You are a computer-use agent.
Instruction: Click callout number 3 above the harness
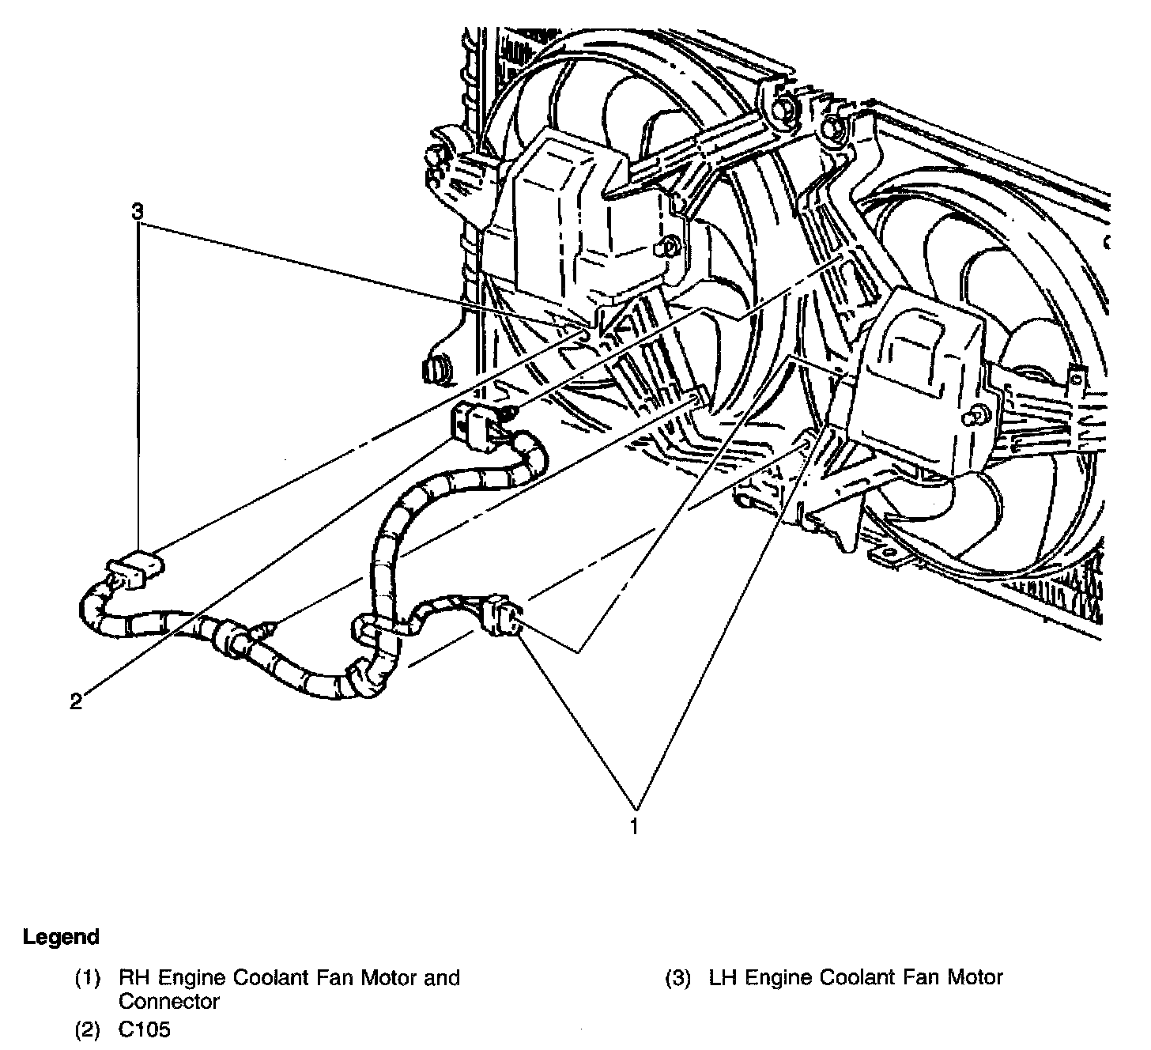click(x=138, y=212)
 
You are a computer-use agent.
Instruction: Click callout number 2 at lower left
click(x=76, y=701)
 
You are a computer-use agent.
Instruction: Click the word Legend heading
click(x=61, y=937)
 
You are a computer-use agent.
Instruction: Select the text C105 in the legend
click(x=145, y=1029)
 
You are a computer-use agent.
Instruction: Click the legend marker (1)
click(x=88, y=978)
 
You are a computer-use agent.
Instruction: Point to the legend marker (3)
click(x=678, y=978)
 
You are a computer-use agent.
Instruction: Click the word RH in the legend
click(x=134, y=978)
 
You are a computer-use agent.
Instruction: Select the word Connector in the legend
click(x=168, y=1002)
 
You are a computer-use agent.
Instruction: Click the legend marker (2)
click(x=88, y=1029)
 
